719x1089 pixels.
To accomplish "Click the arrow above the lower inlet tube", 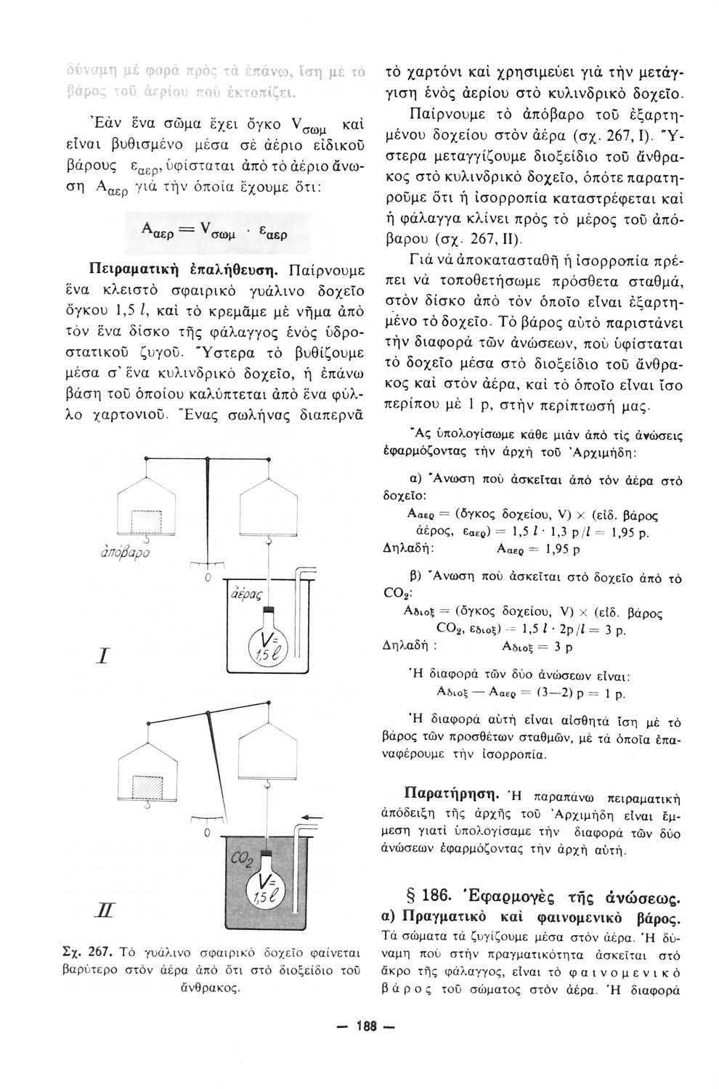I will coord(310,818).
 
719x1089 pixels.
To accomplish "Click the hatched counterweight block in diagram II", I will coord(146,786).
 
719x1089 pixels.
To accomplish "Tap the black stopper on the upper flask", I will coord(268,608).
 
